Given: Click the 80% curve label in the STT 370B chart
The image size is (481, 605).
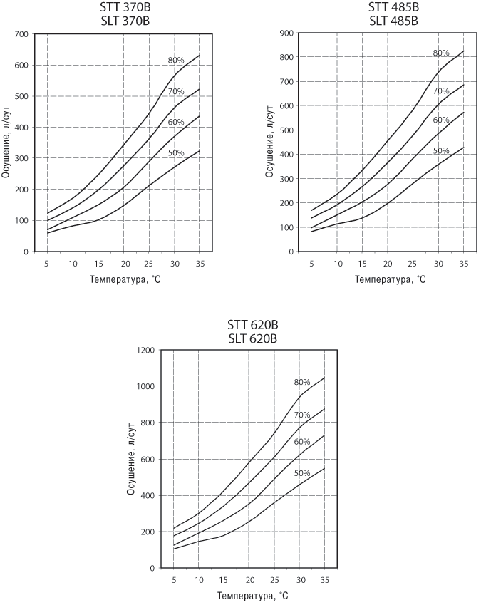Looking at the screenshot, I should click(176, 60).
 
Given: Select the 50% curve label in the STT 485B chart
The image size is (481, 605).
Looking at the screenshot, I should click(441, 150).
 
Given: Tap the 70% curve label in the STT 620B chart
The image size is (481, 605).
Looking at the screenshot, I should click(302, 415).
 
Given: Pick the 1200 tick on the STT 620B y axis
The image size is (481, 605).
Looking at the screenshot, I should click(146, 350).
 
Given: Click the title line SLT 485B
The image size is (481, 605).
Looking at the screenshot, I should click(393, 20).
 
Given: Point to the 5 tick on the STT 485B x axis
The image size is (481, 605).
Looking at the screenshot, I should click(311, 264).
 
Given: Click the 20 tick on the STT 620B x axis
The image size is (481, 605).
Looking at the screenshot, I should click(248, 580).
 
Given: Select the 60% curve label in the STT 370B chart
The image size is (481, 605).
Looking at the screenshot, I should click(176, 122).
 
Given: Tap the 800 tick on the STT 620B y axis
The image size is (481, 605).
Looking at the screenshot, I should click(149, 423).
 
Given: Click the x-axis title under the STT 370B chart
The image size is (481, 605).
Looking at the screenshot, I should click(125, 279).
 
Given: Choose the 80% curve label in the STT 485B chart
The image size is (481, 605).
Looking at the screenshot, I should click(441, 53).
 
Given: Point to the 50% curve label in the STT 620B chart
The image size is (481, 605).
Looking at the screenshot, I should click(302, 474).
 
